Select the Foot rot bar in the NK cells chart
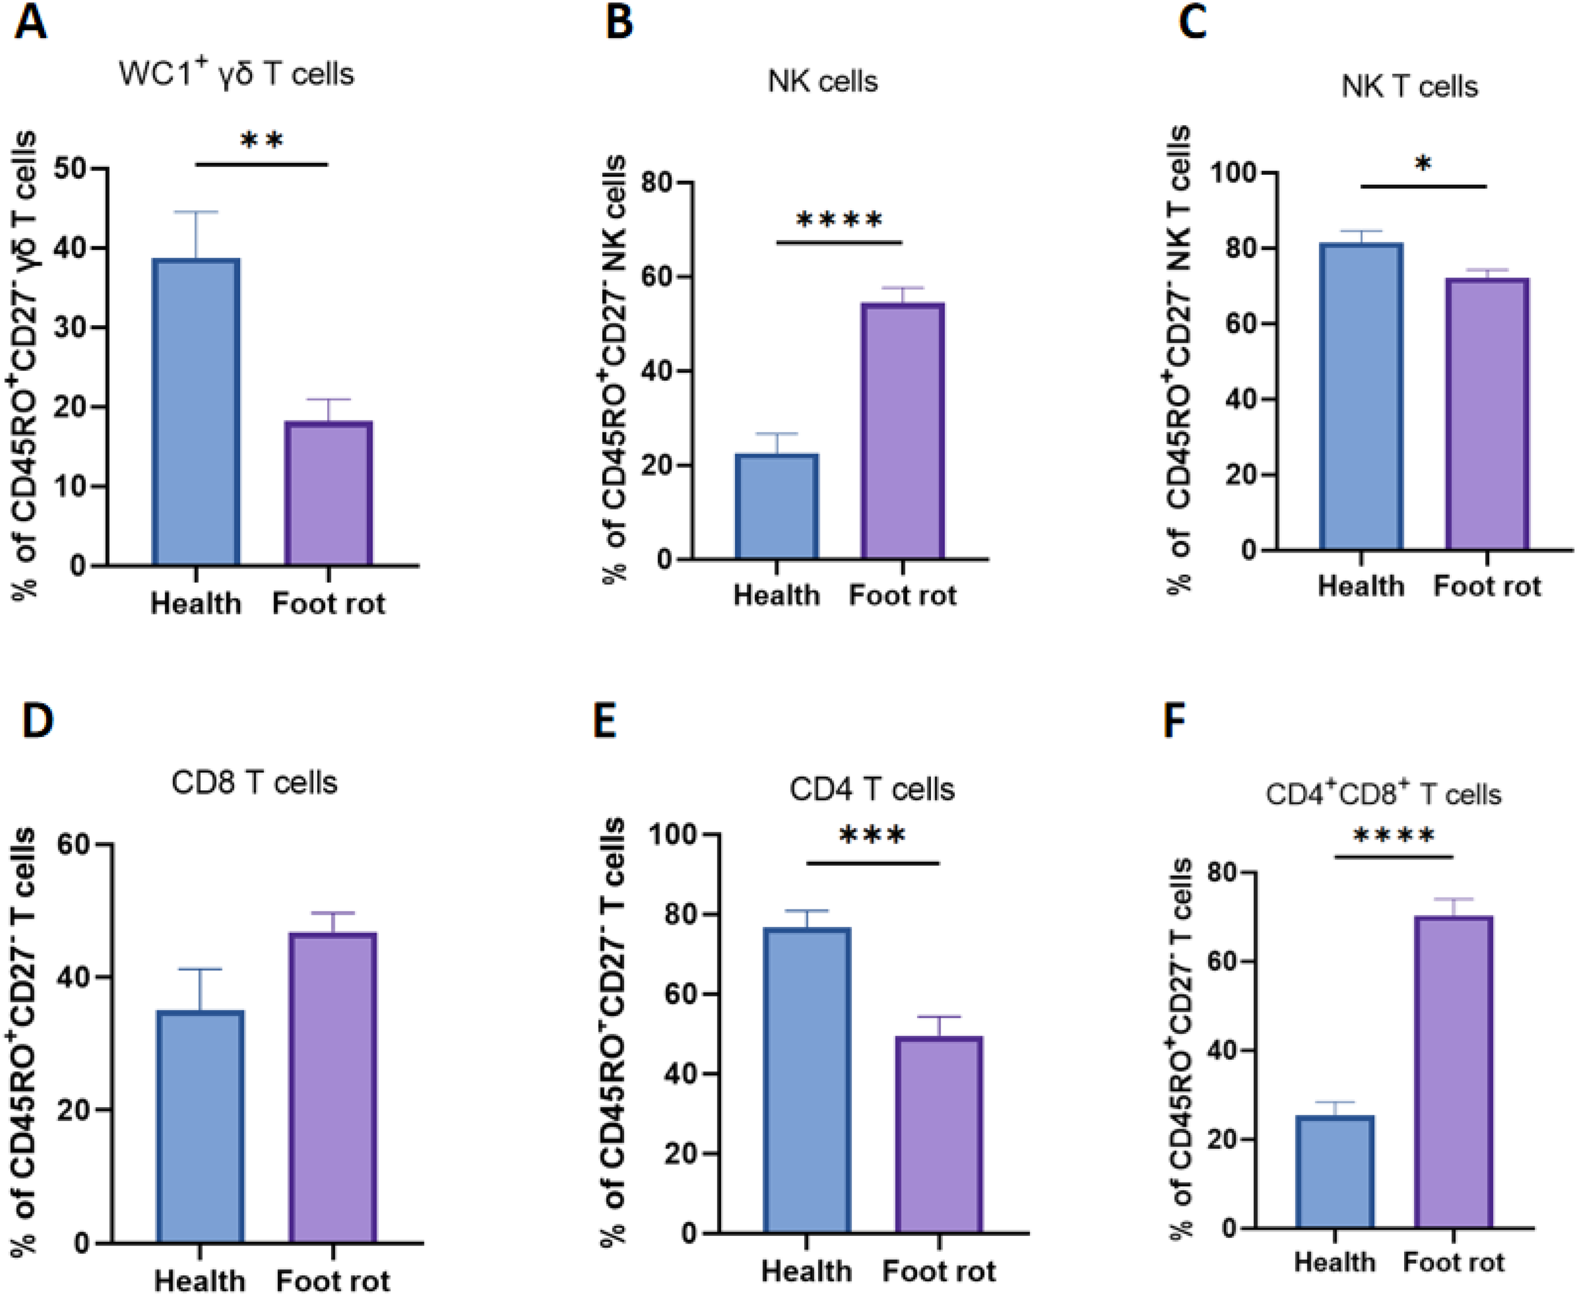(x=903, y=431)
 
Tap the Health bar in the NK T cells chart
(x=1361, y=397)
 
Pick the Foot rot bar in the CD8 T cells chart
(x=333, y=1088)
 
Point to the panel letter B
(x=619, y=22)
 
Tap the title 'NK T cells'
(x=1408, y=87)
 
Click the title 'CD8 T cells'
(x=254, y=783)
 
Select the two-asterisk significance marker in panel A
(x=262, y=140)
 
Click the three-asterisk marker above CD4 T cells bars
(x=872, y=836)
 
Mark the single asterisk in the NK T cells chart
(x=1423, y=164)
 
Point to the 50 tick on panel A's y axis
(x=70, y=168)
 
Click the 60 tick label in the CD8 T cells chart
(x=75, y=844)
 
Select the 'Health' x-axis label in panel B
(x=776, y=595)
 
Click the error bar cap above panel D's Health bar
(x=200, y=969)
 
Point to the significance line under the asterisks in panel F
(x=1393, y=856)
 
